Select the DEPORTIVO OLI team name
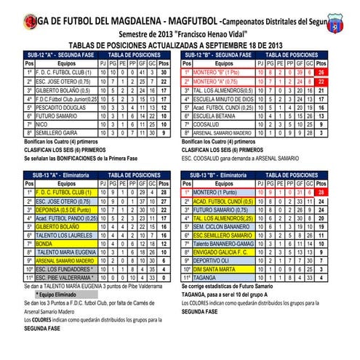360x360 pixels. (x=215, y=260)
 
